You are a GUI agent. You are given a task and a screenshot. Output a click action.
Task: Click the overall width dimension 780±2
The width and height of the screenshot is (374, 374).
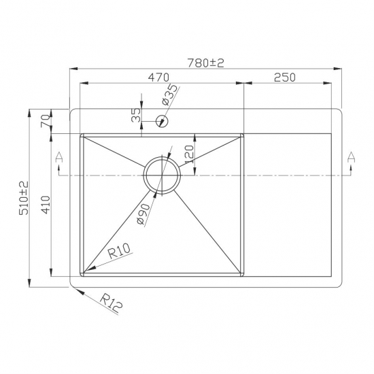(x=205, y=62)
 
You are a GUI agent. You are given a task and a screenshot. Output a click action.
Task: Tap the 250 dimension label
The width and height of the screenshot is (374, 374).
(x=285, y=77)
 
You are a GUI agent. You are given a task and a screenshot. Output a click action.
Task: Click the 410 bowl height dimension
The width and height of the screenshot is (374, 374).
(x=46, y=205)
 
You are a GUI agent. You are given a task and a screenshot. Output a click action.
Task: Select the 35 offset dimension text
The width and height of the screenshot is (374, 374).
(x=135, y=116)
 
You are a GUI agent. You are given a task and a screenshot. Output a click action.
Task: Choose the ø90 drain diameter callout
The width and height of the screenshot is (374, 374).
(x=143, y=213)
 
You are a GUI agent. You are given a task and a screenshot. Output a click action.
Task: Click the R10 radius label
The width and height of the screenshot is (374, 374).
(x=120, y=254)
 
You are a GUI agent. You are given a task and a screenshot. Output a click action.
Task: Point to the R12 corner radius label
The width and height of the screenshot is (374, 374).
(x=110, y=303)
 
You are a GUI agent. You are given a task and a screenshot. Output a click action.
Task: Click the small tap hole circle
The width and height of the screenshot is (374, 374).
(x=161, y=122)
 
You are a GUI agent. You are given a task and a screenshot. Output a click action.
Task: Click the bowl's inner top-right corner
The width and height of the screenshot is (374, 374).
(x=241, y=137)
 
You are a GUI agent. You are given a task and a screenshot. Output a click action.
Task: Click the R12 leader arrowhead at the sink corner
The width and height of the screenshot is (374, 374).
(x=73, y=287)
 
